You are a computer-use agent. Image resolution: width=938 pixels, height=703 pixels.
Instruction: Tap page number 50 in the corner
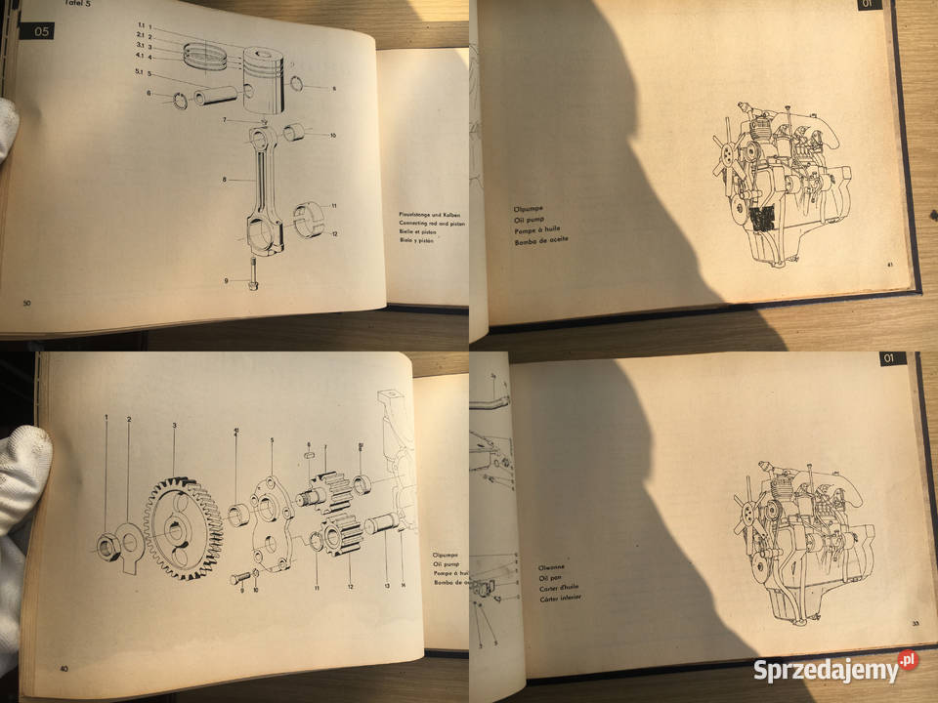(27, 304)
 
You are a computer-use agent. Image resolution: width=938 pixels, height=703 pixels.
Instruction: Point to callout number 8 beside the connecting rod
(225, 180)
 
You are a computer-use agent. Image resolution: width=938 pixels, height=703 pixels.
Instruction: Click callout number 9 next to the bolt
(225, 281)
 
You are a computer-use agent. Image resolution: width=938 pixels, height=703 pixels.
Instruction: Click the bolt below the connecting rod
(251, 274)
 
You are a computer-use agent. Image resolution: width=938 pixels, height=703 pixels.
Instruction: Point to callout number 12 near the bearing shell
(333, 233)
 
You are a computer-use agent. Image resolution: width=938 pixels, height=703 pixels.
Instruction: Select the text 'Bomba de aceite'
(539, 239)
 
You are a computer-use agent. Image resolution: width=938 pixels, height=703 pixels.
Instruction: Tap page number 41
(890, 264)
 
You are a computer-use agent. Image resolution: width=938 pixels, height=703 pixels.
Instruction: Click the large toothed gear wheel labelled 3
(183, 528)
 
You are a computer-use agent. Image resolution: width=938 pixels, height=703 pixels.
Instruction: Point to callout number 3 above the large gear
(174, 426)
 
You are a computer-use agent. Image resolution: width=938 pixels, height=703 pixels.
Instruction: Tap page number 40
(64, 669)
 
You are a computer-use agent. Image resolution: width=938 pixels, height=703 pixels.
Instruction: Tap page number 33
(916, 625)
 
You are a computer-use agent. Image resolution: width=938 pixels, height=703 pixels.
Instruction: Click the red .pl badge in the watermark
(908, 661)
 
